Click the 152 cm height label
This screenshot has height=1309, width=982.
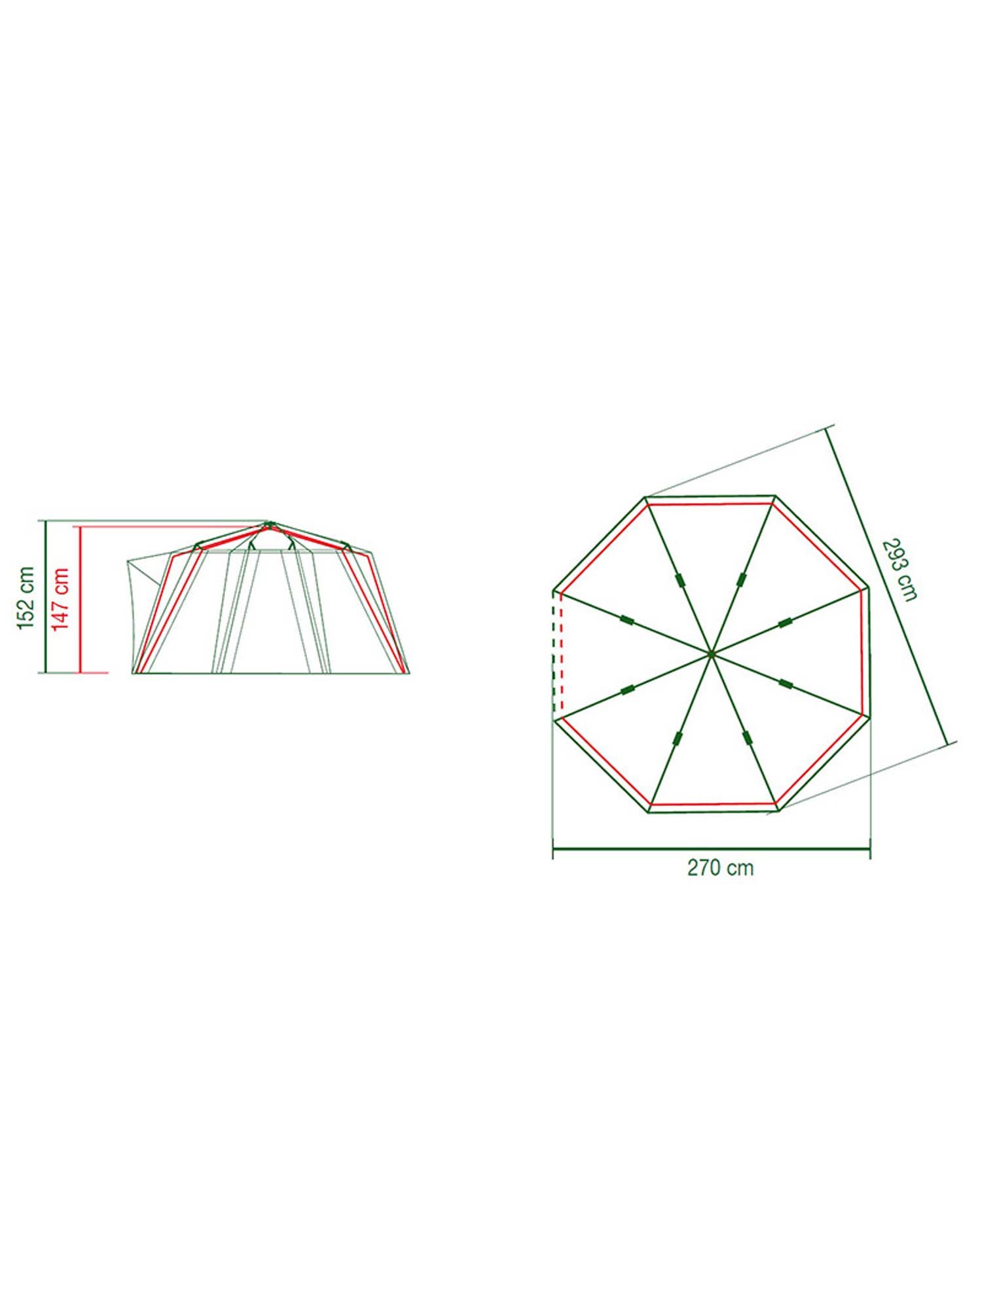(x=26, y=598)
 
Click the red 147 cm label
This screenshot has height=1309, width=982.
(x=61, y=599)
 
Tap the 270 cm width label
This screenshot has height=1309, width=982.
(x=720, y=868)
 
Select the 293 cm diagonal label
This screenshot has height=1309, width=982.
(x=900, y=568)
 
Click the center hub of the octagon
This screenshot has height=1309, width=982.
(x=711, y=653)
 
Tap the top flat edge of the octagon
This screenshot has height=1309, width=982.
(x=710, y=496)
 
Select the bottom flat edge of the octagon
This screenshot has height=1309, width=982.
(x=713, y=812)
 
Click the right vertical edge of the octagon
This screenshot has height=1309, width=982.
(x=869, y=652)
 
